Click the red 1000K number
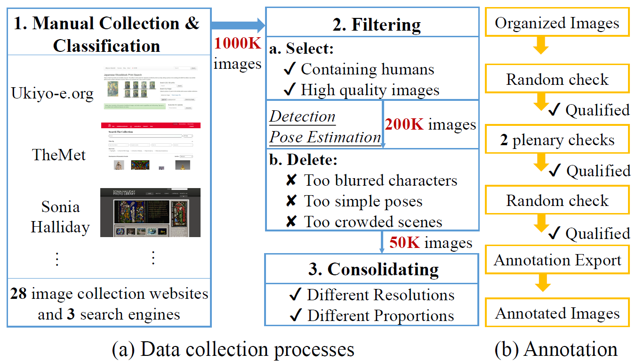(237, 44)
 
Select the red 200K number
(404, 124)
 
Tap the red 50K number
(404, 242)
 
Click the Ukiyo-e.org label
(52, 93)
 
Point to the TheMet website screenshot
(151, 147)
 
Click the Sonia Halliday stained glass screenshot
(150, 213)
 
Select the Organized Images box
(557, 23)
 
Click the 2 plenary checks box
(557, 140)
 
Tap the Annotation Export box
(557, 260)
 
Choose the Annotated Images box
(557, 313)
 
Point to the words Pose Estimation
(325, 137)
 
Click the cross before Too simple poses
(291, 201)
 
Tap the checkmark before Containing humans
(290, 69)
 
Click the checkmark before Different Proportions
(296, 316)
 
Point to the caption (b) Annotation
(556, 349)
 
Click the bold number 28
(19, 294)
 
